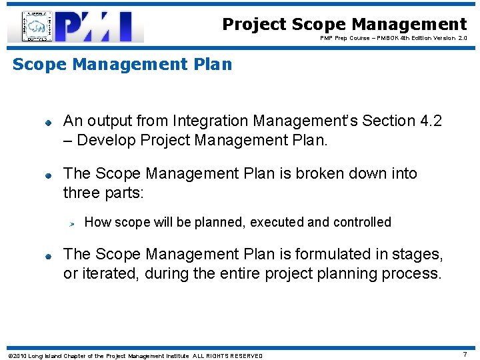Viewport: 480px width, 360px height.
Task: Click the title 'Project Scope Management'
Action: click(x=344, y=25)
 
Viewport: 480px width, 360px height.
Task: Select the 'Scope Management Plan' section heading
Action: click(x=123, y=65)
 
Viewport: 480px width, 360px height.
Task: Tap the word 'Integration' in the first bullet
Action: click(x=209, y=121)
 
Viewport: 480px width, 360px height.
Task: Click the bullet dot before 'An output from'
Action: click(x=49, y=123)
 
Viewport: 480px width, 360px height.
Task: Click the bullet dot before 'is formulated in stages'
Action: click(x=49, y=256)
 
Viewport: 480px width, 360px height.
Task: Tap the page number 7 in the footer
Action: click(x=465, y=355)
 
